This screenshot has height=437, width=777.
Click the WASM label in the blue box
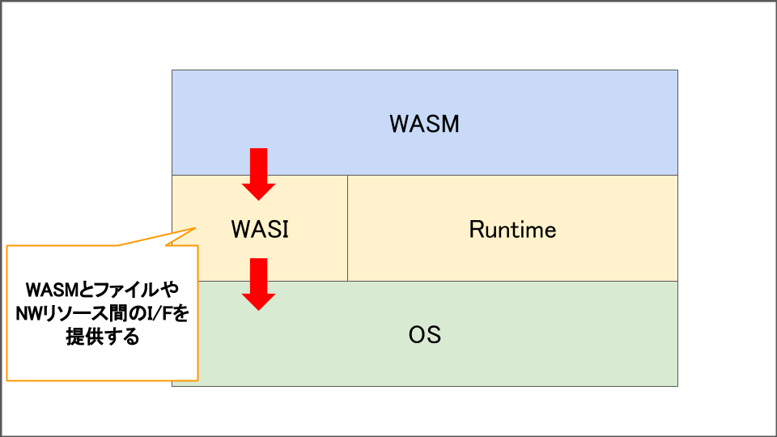coord(424,124)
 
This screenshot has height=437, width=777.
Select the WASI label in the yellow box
coord(260,229)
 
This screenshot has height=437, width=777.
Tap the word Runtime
coord(512,229)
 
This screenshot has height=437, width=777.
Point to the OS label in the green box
coord(424,334)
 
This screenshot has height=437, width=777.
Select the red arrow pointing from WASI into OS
coord(258,284)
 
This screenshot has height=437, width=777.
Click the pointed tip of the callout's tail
coord(196,227)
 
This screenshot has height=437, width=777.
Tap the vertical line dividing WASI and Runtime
coord(347,228)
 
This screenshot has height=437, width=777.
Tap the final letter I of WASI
coord(287,229)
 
